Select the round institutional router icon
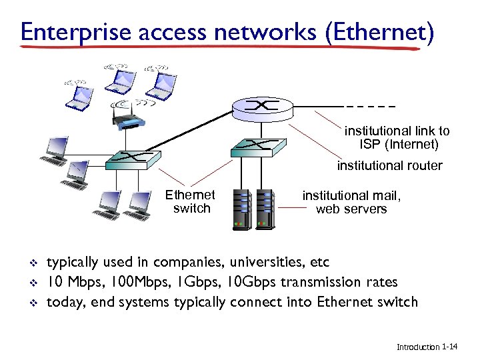coord(261,106)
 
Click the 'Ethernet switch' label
coord(191,201)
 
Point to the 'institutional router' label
coord(389,165)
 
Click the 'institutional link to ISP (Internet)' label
coord(397,137)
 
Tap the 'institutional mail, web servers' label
coord(351,202)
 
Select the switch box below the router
coord(258,147)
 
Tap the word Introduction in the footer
coord(418,347)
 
